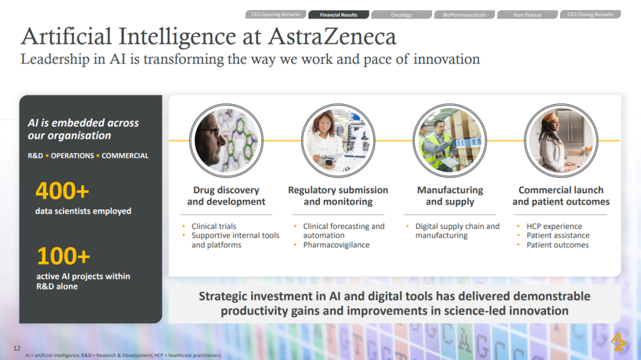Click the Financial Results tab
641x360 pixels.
click(338, 15)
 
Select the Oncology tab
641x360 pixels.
click(401, 15)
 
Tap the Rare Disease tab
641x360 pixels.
click(528, 15)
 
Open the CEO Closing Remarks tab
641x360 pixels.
click(591, 14)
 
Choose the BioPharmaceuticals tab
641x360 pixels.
click(464, 15)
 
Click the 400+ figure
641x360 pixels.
click(62, 191)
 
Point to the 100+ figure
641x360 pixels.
click(64, 256)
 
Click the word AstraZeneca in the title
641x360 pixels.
click(332, 36)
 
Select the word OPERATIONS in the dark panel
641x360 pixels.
click(72, 156)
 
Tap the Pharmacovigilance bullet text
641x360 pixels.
click(336, 245)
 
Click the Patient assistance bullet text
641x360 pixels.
click(558, 235)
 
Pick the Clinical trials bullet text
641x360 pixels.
click(214, 226)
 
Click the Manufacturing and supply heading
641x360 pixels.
click(450, 196)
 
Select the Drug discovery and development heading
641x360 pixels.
click(226, 196)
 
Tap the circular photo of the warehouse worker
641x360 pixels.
click(450, 140)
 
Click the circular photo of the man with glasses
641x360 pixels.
click(226, 140)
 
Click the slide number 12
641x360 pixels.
click(17, 348)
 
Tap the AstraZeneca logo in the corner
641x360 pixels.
click(618, 342)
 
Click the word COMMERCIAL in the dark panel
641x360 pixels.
click(125, 156)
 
